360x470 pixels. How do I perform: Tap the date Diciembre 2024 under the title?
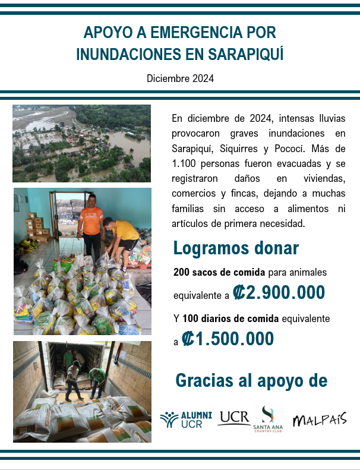pos(180,78)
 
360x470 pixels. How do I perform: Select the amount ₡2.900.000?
pos(279,292)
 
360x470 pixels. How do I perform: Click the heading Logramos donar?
pos(236,248)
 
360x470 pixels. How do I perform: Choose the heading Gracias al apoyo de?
pos(251,381)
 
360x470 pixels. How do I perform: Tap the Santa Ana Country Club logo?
pos(267,420)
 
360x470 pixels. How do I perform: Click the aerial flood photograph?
pos(82,143)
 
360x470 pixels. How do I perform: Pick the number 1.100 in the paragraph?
pos(185,163)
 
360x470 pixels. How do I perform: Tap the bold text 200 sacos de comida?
pos(219,272)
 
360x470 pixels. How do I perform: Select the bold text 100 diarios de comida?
pos(230,319)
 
